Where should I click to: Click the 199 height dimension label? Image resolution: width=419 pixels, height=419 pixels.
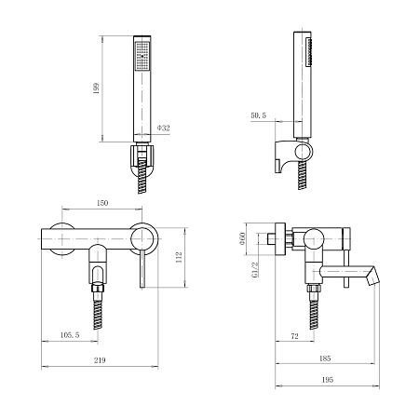[x=97, y=88]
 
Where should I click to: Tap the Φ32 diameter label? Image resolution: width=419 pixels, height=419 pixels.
[x=164, y=128]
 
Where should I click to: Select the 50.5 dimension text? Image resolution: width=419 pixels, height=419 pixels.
[x=259, y=115]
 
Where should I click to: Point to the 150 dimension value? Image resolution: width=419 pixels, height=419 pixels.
[x=102, y=203]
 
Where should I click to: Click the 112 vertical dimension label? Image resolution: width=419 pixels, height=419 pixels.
[x=179, y=257]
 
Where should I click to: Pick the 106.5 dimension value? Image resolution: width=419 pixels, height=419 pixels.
[x=70, y=335]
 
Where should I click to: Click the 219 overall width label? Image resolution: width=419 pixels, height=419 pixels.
[x=100, y=360]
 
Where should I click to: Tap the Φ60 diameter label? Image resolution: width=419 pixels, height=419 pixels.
[x=242, y=238]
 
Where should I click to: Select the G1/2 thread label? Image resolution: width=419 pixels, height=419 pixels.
[x=255, y=269]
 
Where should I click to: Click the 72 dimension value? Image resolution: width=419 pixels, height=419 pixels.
[x=295, y=336]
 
